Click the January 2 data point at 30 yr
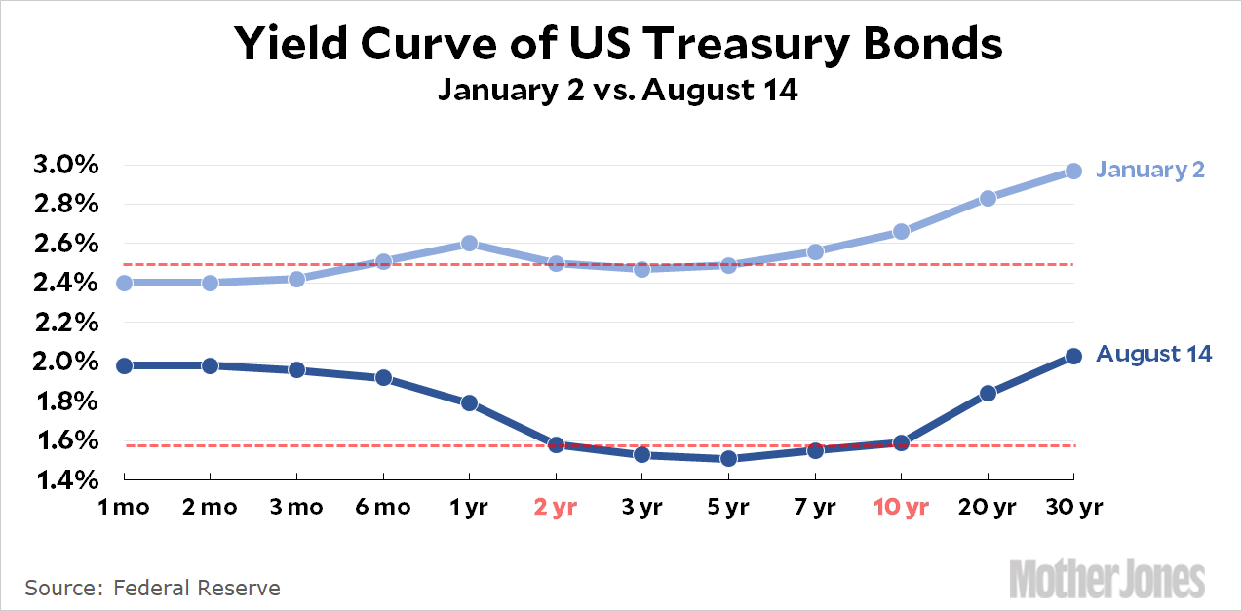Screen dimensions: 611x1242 click(1073, 171)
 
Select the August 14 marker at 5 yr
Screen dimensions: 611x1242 click(728, 458)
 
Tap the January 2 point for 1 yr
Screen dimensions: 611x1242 click(469, 243)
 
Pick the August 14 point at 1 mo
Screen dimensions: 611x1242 click(124, 365)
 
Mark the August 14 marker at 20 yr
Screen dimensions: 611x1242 click(988, 393)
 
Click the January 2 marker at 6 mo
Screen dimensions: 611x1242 click(383, 261)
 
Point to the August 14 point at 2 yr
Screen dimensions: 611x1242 click(556, 444)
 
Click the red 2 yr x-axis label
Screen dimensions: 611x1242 click(556, 507)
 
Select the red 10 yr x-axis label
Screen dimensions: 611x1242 click(900, 507)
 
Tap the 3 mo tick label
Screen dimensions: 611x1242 click(297, 507)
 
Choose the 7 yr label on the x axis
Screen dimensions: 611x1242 click(814, 507)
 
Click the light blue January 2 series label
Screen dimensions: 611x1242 click(1150, 170)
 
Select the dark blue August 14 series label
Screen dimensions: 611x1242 click(1154, 354)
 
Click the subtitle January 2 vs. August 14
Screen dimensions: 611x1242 click(618, 91)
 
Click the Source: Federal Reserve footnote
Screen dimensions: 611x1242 click(153, 588)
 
